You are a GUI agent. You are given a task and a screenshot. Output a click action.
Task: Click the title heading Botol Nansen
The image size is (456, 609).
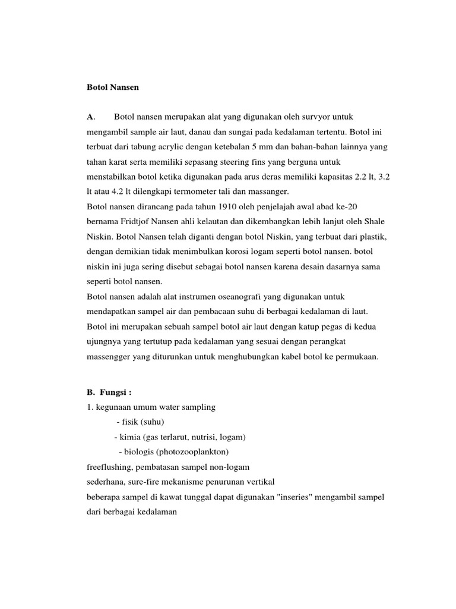(x=112, y=87)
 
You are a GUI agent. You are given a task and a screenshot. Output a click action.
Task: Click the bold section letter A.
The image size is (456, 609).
(x=90, y=116)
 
